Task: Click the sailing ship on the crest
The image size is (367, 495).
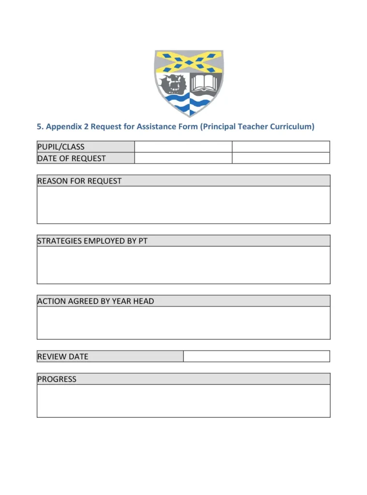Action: tap(173, 84)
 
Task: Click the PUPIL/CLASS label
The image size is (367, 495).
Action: tap(61, 147)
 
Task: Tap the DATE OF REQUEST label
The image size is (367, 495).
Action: tap(72, 158)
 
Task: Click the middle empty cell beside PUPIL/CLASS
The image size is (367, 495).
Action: tap(183, 147)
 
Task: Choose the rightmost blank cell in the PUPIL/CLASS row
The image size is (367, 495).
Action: tap(281, 147)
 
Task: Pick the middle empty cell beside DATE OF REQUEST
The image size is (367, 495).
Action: tap(183, 158)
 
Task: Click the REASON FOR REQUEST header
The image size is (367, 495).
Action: tap(80, 181)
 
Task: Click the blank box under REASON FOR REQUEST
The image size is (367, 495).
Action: tap(183, 205)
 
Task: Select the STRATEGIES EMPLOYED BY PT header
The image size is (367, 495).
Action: tap(92, 241)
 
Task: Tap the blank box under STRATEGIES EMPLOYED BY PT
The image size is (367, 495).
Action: tap(183, 265)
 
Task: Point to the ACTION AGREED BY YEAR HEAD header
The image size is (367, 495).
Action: tap(96, 301)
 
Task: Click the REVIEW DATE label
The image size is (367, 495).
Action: tap(63, 356)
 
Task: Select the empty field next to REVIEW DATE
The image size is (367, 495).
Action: tap(256, 356)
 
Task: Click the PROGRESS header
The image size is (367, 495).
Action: tap(57, 379)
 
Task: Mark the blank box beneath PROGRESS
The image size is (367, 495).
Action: tap(183, 401)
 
